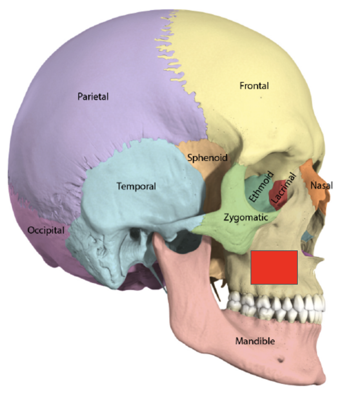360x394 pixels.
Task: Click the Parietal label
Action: [93, 96]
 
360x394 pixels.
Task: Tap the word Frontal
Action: [254, 86]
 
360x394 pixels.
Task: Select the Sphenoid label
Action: [207, 157]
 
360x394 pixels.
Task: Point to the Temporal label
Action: [136, 186]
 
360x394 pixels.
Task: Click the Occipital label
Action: [45, 230]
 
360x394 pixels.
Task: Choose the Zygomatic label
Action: [246, 217]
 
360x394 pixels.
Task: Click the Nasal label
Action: [321, 186]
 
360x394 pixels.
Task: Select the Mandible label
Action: [255, 341]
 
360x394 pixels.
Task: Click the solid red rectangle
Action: [274, 267]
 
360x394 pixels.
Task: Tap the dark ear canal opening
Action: [135, 233]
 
